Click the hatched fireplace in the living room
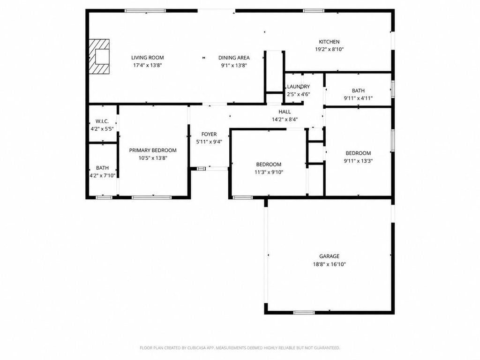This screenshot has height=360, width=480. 99,57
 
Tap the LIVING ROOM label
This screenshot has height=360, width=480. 148,58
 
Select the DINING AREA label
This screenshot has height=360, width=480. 234,58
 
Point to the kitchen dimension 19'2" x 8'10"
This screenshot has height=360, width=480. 330,49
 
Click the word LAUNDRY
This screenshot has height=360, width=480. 299,87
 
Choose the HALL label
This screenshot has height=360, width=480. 285,112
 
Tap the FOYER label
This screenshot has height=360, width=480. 209,134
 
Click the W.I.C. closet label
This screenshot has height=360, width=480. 102,121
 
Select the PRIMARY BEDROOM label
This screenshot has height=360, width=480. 153,150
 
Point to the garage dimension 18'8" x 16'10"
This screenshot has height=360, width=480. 330,264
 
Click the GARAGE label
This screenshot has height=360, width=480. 330,256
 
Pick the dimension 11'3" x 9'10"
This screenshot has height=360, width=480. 269,172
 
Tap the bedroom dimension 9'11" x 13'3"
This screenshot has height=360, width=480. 358,161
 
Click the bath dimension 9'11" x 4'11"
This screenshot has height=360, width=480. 358,98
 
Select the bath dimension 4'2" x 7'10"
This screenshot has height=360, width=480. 102,176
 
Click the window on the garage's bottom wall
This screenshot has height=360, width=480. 304,313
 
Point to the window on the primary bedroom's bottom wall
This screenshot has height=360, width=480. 151,197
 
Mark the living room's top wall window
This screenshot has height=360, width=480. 145,11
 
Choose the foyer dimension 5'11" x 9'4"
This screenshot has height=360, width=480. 209,142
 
